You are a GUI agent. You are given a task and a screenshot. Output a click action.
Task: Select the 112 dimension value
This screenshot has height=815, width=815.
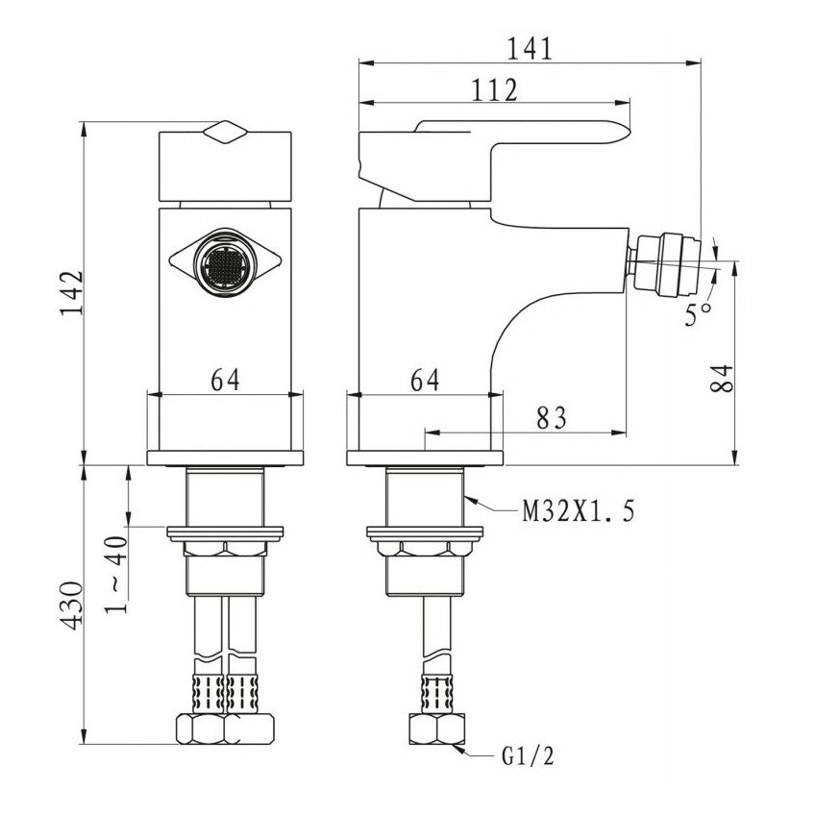click(496, 90)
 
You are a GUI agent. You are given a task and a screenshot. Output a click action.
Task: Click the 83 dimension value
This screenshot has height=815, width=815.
click(552, 418)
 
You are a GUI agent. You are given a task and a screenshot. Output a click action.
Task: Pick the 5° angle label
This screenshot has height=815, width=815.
click(699, 313)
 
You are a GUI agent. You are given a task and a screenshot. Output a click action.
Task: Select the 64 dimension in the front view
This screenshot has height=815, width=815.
click(224, 381)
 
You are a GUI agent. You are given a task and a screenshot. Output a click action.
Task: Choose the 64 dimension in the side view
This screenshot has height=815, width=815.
click(424, 381)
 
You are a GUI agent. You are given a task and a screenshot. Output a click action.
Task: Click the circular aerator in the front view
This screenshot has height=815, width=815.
click(224, 261)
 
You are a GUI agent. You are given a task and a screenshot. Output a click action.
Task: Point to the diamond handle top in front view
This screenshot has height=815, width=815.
click(225, 133)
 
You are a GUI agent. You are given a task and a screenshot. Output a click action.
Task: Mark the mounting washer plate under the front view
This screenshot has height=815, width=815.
click(225, 531)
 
